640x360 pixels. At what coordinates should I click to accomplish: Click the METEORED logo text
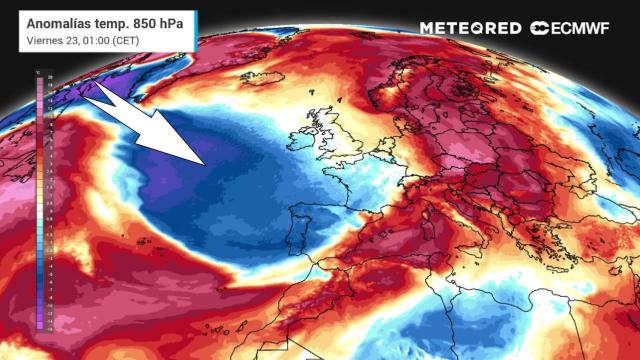[x=471, y=28]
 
